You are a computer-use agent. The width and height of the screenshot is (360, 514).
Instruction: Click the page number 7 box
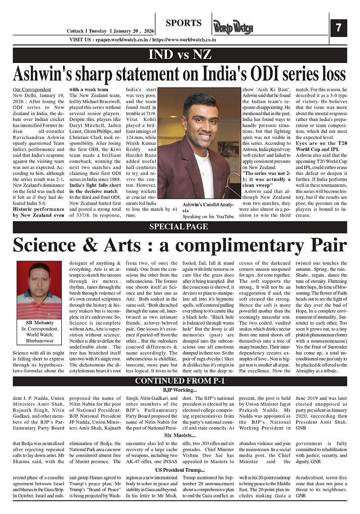tap(338, 28)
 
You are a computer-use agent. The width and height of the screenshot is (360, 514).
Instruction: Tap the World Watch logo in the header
tap(233, 27)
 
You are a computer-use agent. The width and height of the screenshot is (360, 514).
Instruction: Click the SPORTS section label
tap(183, 23)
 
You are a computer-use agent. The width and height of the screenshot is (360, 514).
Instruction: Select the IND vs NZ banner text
tap(180, 55)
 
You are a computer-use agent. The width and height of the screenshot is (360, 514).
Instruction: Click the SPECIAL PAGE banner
tap(179, 227)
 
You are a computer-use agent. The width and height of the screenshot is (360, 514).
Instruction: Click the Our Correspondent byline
tap(32, 89)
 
